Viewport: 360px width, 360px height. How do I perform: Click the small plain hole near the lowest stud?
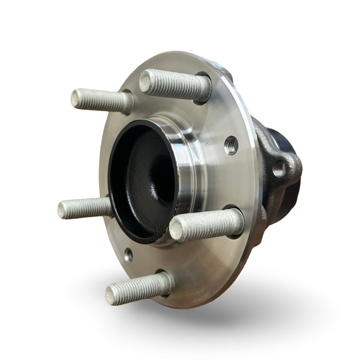(x=128, y=255)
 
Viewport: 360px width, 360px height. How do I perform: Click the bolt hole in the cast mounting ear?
(x=279, y=169)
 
